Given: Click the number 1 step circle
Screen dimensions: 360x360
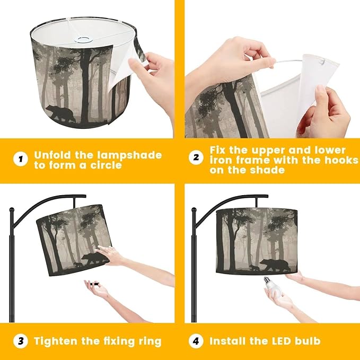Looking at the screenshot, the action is click(21, 159).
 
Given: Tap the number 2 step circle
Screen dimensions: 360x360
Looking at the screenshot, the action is click(196, 157).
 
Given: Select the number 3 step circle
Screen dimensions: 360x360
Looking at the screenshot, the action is click(21, 341).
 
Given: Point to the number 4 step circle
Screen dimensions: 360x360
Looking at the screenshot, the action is click(196, 341).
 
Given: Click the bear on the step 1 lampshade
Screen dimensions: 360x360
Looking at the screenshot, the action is click(60, 113).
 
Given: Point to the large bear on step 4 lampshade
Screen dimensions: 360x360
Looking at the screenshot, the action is click(275, 265).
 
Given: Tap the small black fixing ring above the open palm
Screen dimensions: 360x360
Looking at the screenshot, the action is click(94, 284).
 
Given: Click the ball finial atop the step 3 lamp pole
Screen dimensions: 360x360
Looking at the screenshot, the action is click(12, 209).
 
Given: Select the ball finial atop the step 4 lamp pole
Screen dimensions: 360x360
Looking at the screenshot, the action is click(194, 209).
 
